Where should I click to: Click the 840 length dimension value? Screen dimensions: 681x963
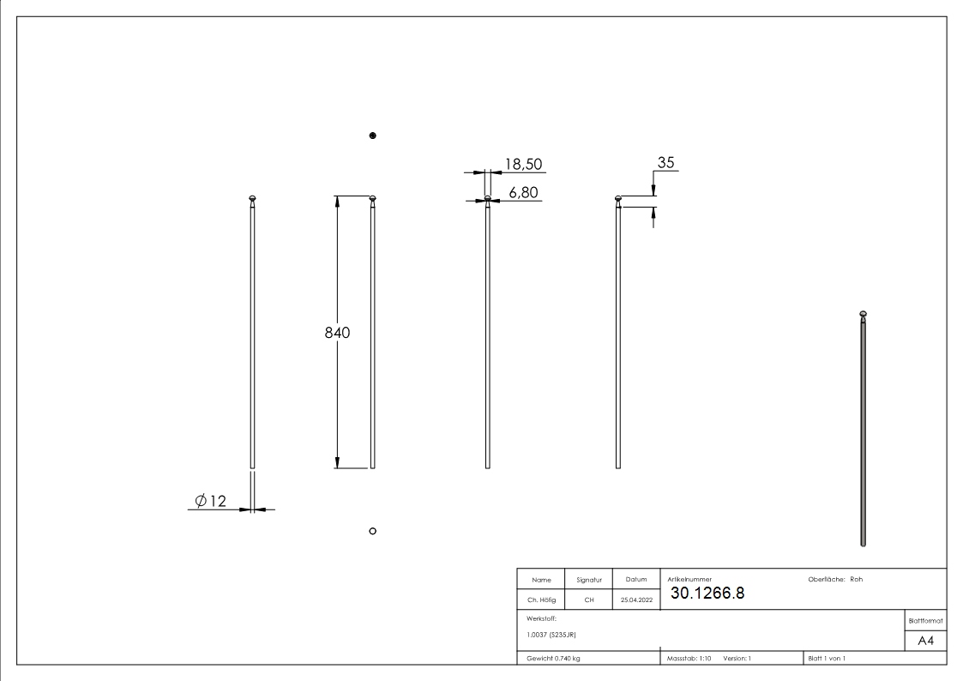click(x=337, y=333)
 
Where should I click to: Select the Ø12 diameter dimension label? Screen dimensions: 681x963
click(x=211, y=501)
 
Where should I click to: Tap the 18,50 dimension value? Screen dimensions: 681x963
click(x=523, y=164)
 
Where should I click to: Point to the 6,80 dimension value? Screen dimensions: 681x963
click(x=523, y=193)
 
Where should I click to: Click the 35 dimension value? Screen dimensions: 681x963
click(x=666, y=162)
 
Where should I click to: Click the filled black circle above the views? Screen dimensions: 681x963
click(x=372, y=136)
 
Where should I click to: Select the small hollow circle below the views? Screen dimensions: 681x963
click(x=372, y=531)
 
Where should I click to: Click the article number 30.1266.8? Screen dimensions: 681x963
click(x=707, y=594)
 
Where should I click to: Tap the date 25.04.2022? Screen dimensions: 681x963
click(x=636, y=600)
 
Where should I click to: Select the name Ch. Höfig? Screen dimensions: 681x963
click(x=541, y=600)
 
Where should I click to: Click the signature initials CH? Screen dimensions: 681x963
click(x=589, y=600)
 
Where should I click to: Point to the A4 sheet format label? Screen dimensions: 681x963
click(x=926, y=641)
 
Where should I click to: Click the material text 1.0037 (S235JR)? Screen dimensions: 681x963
click(x=551, y=635)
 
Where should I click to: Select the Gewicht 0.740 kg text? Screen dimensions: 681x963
click(x=553, y=659)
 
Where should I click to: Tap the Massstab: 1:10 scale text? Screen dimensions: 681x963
click(x=689, y=659)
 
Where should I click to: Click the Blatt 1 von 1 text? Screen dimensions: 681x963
click(x=827, y=659)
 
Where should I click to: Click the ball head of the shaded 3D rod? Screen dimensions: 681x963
click(x=864, y=313)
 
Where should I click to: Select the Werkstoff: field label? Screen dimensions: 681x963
click(x=542, y=618)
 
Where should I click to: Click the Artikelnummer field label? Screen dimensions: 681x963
click(x=689, y=580)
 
